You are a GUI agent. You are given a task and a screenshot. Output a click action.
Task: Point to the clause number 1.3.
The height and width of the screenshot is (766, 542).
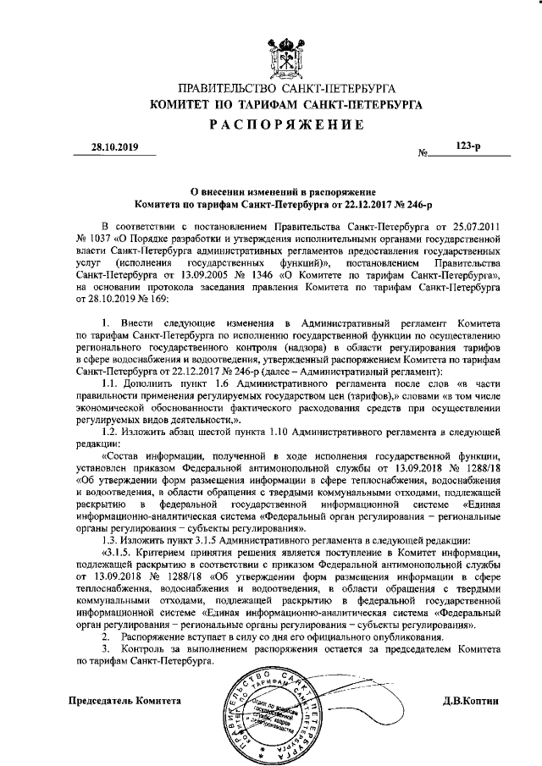108,540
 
